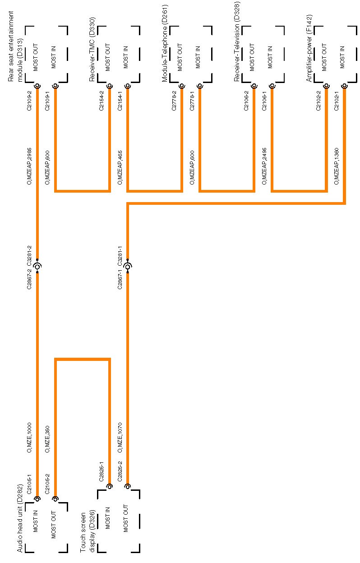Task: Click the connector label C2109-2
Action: click(x=29, y=101)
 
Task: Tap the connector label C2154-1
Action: click(x=120, y=101)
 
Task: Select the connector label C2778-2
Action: click(x=174, y=101)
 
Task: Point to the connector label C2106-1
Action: click(x=264, y=101)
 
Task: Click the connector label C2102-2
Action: click(x=318, y=101)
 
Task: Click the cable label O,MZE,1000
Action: click(x=29, y=437)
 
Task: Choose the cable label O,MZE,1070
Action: click(x=120, y=437)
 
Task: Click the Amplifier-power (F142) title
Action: click(x=309, y=48)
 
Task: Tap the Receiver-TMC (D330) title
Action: click(x=92, y=50)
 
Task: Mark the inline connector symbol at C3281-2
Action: click(x=37, y=267)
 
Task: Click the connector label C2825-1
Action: click(x=102, y=471)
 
